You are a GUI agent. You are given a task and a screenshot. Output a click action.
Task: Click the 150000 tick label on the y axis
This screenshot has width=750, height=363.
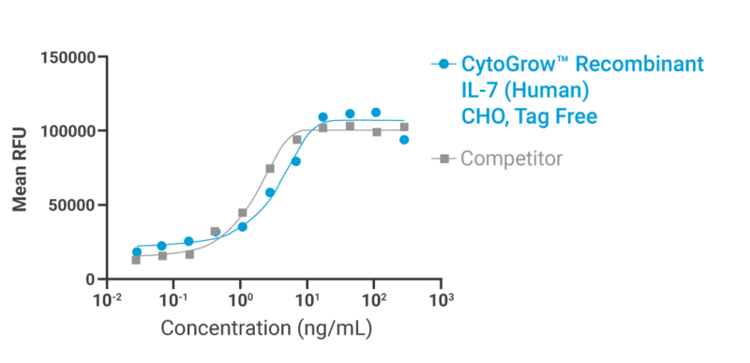pyautogui.click(x=69, y=58)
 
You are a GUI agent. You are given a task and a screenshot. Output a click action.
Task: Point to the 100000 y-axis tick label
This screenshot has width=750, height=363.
pyautogui.click(x=69, y=131)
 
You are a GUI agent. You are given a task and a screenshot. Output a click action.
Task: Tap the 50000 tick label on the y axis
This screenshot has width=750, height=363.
pyautogui.click(x=73, y=205)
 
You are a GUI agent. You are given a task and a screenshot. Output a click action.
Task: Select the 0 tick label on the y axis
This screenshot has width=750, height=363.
pyautogui.click(x=91, y=280)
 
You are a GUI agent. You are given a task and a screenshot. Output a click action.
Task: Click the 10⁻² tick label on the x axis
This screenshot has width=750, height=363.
pyautogui.click(x=107, y=299)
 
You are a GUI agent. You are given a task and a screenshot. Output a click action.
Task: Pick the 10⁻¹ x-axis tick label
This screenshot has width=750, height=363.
pyautogui.click(x=173, y=299)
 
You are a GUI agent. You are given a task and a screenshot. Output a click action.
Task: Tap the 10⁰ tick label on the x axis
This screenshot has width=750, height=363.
pyautogui.click(x=240, y=299)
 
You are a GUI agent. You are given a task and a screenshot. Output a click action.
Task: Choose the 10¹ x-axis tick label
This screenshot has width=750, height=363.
pyautogui.click(x=307, y=299)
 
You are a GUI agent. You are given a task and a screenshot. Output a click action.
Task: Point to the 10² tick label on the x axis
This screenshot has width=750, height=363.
pyautogui.click(x=374, y=299)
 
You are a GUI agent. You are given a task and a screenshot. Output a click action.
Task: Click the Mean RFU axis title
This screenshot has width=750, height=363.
pyautogui.click(x=21, y=169)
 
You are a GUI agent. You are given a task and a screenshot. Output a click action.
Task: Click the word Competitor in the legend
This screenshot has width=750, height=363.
pyautogui.click(x=511, y=158)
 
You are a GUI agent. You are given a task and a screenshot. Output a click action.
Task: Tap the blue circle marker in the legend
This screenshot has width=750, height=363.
pyautogui.click(x=444, y=65)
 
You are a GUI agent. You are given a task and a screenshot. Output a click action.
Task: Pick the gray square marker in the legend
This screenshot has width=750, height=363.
pyautogui.click(x=444, y=158)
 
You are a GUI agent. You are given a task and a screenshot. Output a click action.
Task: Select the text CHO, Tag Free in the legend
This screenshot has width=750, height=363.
pyautogui.click(x=529, y=116)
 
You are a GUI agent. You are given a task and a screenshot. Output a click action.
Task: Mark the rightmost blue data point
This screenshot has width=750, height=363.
pyautogui.click(x=404, y=140)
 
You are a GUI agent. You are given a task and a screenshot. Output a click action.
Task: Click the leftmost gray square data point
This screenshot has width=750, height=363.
pyautogui.click(x=137, y=260)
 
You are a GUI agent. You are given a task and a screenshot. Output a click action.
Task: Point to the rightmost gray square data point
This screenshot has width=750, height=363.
pyautogui.click(x=404, y=127)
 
